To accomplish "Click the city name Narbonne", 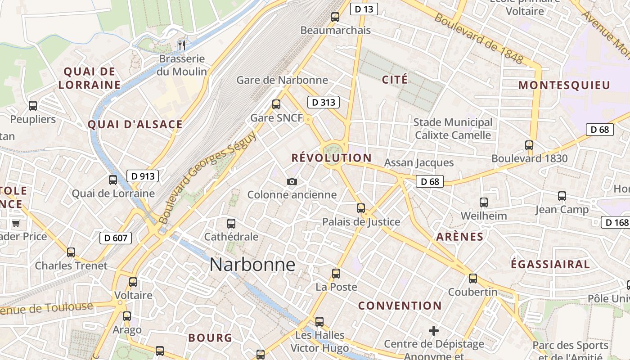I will (252, 265).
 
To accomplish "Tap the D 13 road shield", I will (363, 9).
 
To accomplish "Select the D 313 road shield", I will (323, 103).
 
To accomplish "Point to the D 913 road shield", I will (143, 176).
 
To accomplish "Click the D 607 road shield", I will (116, 238).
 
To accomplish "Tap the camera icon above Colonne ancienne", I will (292, 181).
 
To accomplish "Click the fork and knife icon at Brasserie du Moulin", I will (182, 45).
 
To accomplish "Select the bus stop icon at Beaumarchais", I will (335, 17).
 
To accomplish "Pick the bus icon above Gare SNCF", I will (276, 104).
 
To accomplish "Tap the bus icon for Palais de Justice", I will (361, 208).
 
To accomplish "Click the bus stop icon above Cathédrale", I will (231, 223).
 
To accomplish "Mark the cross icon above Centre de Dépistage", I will (434, 331).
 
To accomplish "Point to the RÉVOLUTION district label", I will (331, 158).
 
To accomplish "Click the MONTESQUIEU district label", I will (564, 85).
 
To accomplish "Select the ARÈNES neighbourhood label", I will (459, 237).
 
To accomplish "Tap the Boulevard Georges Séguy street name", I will (207, 178).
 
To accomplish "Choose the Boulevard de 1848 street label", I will (479, 39).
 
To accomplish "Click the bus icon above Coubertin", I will (473, 279).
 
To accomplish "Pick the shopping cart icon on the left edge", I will (16, 223).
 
